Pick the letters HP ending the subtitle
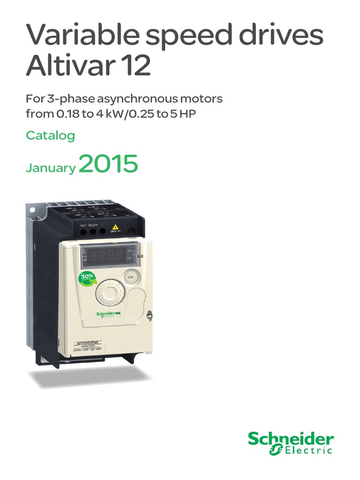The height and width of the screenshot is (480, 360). coord(187,114)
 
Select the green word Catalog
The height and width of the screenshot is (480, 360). coord(51,136)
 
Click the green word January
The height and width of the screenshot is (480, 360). coord(51,168)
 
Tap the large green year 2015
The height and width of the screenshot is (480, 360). coord(108,165)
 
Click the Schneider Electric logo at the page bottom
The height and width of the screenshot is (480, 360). coord(291,443)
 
